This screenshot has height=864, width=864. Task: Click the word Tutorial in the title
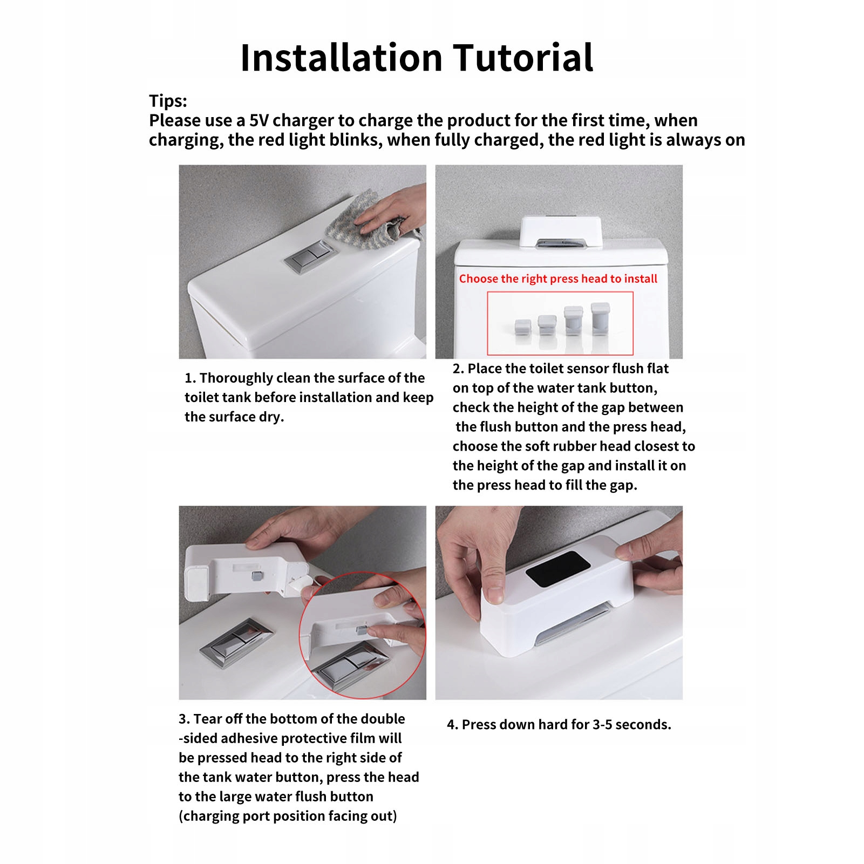click(523, 57)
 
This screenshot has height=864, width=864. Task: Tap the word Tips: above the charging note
click(168, 101)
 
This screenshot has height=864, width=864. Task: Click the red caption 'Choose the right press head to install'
click(558, 279)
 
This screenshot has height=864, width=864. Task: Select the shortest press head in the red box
click(522, 327)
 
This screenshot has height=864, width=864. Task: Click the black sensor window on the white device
click(558, 569)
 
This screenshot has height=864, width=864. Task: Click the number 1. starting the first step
click(190, 378)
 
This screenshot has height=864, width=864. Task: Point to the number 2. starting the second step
click(458, 369)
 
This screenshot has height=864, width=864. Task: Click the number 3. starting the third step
click(184, 719)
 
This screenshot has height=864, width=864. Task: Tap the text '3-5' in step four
click(602, 724)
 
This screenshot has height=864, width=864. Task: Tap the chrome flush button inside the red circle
click(350, 666)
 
